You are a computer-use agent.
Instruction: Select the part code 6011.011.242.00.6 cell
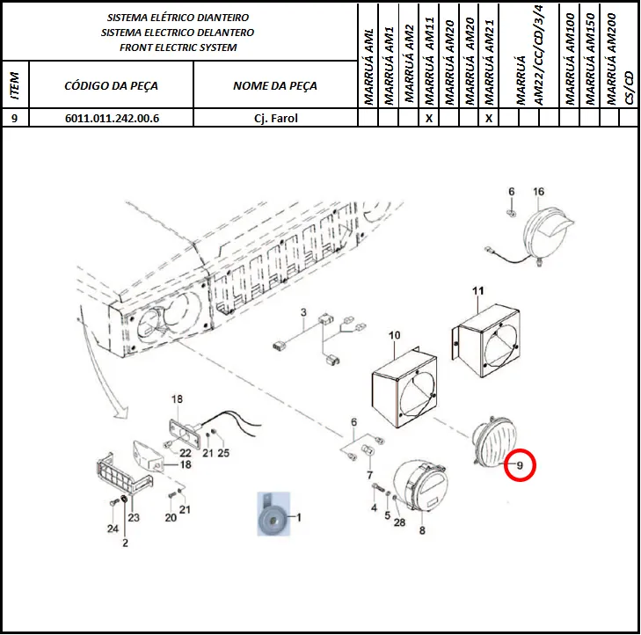click(111, 118)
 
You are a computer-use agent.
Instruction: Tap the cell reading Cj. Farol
click(275, 118)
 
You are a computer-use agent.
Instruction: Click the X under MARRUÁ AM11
click(429, 118)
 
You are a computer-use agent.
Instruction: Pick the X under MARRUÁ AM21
click(489, 118)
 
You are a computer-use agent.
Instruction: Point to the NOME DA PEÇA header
click(275, 86)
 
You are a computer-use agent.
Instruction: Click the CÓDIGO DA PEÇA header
click(111, 86)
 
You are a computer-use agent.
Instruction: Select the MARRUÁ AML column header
click(368, 67)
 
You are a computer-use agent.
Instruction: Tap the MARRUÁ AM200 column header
click(611, 59)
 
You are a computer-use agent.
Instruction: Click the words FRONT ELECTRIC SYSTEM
click(178, 47)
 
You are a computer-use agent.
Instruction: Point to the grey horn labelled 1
click(273, 515)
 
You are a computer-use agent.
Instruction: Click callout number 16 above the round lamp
click(538, 192)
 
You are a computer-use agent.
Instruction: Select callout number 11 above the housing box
click(477, 291)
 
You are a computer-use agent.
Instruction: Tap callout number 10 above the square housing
click(394, 335)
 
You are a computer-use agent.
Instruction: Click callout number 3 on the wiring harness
click(303, 312)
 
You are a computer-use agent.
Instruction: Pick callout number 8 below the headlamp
click(422, 530)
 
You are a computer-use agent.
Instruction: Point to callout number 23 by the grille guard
click(134, 517)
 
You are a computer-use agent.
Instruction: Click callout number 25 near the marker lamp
click(223, 453)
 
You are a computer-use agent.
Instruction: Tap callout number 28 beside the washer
click(399, 522)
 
